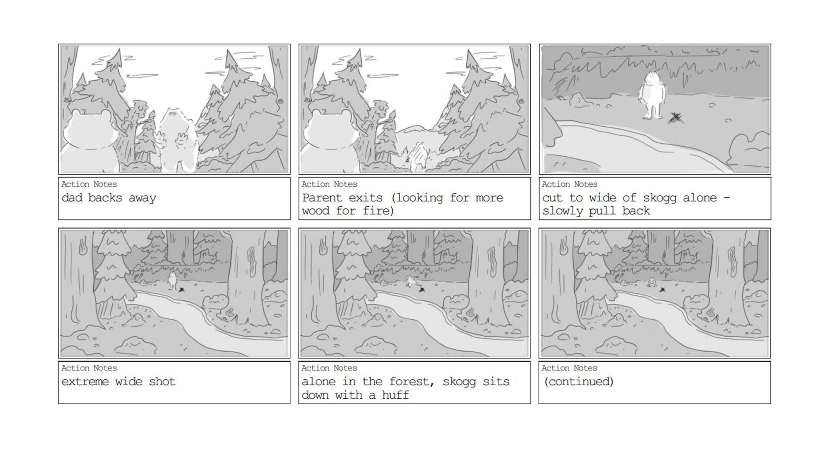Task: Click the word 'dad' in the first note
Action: pyautogui.click(x=72, y=198)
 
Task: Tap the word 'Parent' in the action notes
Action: pyautogui.click(x=322, y=198)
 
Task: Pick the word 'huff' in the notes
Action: pyautogui.click(x=395, y=395)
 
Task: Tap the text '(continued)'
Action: pyautogui.click(x=579, y=381)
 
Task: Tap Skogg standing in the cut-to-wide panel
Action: pyautogui.click(x=652, y=95)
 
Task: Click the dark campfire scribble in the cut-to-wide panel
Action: pyautogui.click(x=675, y=117)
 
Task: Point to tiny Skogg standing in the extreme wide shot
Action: pyautogui.click(x=173, y=280)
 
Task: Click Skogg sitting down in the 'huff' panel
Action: pyautogui.click(x=411, y=282)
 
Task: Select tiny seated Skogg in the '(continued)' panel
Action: pyautogui.click(x=652, y=283)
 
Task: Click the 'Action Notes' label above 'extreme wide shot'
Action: pyautogui.click(x=89, y=368)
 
